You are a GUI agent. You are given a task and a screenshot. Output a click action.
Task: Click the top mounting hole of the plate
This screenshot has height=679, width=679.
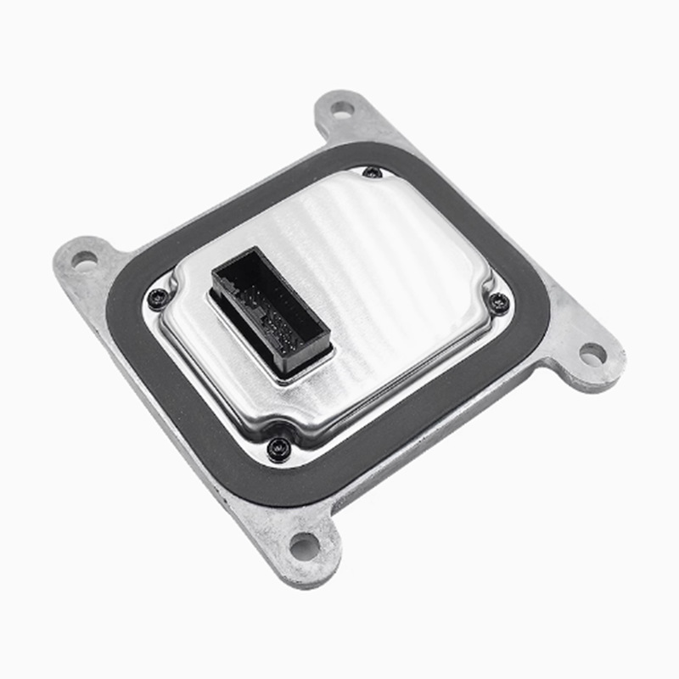click(x=341, y=109)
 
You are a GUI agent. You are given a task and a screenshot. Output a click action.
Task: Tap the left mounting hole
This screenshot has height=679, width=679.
click(x=84, y=259)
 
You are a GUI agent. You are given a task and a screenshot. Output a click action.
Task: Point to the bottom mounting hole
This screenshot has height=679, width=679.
click(x=304, y=547)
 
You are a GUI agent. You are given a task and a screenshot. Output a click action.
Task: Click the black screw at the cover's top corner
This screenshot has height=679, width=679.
click(x=372, y=172)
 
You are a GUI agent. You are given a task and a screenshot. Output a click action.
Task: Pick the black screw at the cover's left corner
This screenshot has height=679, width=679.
click(x=158, y=298)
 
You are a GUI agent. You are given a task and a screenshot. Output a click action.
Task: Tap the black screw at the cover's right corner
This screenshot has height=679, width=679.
click(x=500, y=301)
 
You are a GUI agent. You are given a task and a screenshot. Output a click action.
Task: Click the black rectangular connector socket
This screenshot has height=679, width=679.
click(x=270, y=310)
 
